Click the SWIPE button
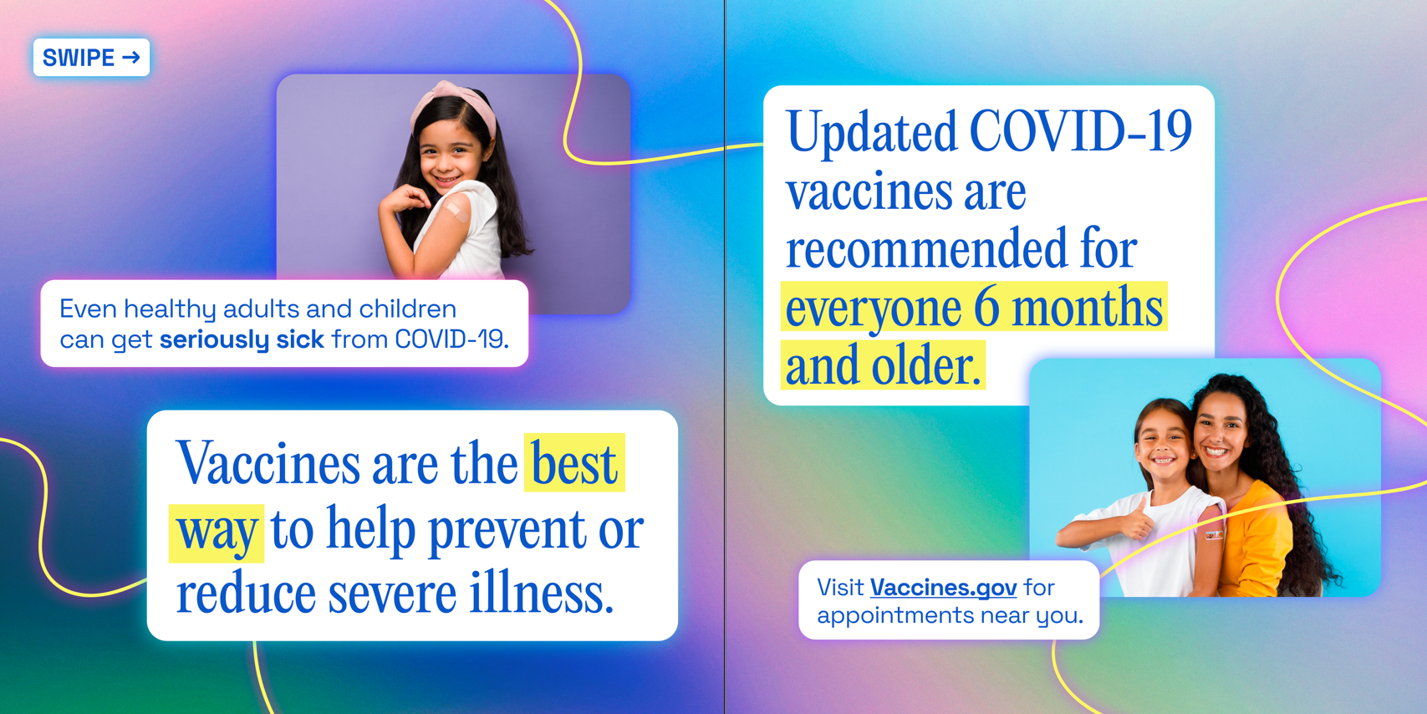[91, 58]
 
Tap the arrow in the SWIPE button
[131, 58]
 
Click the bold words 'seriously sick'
[242, 339]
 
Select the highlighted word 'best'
[574, 463]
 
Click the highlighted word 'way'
[217, 532]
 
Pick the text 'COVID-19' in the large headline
[1080, 132]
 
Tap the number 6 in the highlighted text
[986, 308]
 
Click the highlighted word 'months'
[1088, 308]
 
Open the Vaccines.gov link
[943, 588]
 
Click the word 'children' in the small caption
[407, 309]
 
